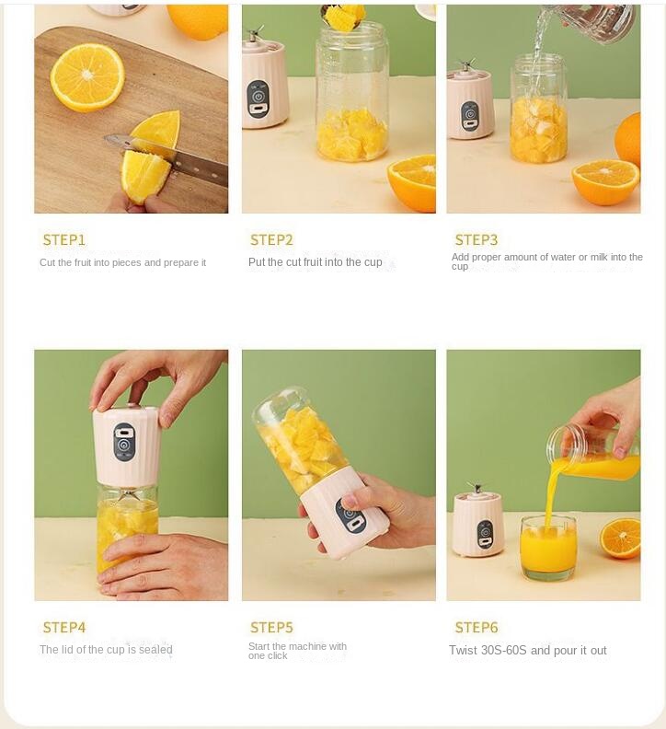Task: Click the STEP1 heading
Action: tap(64, 240)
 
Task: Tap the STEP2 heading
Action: tap(271, 240)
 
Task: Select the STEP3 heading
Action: tap(477, 240)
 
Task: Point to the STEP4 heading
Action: tap(64, 628)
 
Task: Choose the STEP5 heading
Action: tap(271, 628)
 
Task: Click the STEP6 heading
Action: tap(477, 628)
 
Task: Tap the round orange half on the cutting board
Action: tap(87, 77)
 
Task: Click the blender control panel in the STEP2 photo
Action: tap(258, 98)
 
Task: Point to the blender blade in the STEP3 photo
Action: tap(465, 65)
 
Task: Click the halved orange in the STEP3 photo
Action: tap(605, 181)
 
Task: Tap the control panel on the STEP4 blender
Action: tap(124, 442)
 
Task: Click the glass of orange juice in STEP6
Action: tap(548, 548)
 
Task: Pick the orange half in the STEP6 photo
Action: tap(620, 538)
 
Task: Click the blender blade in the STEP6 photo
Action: tap(476, 488)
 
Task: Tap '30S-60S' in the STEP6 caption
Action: tap(504, 650)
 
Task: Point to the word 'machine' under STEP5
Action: tap(307, 646)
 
